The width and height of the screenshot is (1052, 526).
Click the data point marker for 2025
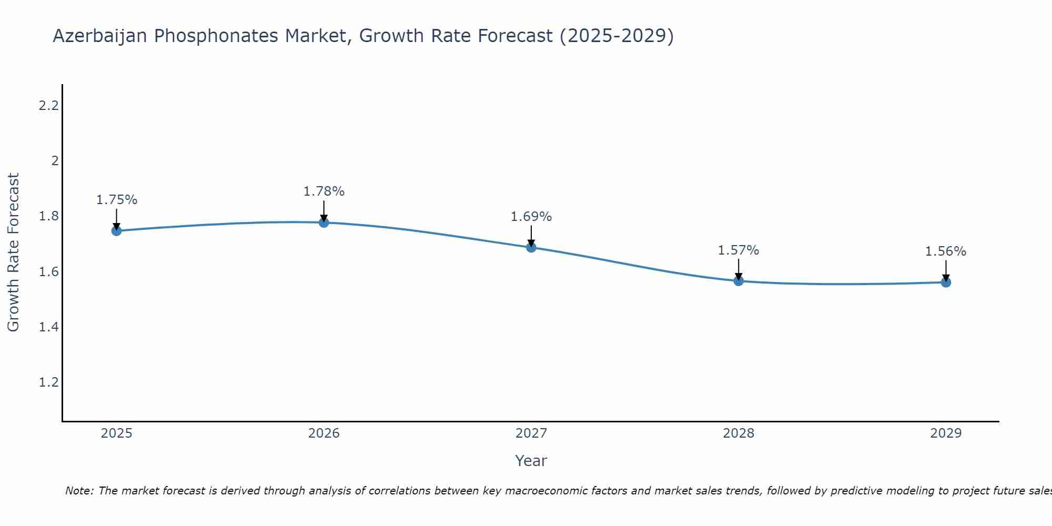click(116, 231)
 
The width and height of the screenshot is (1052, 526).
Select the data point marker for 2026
click(324, 222)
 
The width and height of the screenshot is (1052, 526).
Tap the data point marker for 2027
click(531, 247)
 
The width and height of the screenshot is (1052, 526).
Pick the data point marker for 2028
click(739, 281)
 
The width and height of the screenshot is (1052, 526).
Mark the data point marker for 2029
click(946, 282)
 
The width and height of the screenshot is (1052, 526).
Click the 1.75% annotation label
click(116, 200)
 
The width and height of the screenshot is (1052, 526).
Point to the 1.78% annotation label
click(324, 191)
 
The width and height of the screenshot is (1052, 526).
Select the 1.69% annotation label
click(531, 217)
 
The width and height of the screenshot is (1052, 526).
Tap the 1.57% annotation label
click(739, 250)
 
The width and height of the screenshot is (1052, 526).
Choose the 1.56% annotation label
click(946, 251)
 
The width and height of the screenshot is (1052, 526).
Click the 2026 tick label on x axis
click(324, 433)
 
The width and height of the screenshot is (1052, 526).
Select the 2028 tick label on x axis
click(739, 433)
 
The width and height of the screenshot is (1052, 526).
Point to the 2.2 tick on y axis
click(48, 106)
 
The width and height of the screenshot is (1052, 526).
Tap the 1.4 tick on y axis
click(48, 327)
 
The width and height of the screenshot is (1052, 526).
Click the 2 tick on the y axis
click(55, 161)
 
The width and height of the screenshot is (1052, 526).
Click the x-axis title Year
click(531, 461)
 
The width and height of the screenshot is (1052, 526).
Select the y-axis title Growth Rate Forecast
click(13, 252)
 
